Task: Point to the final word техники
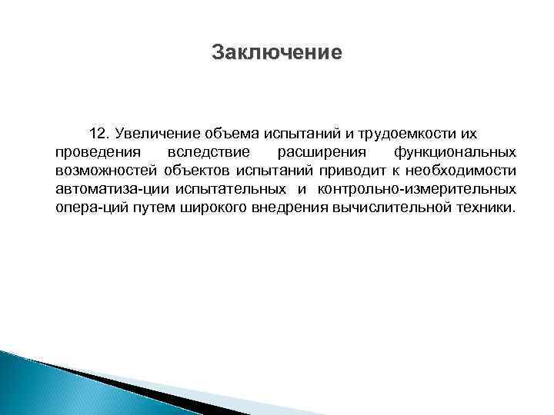(482, 207)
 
